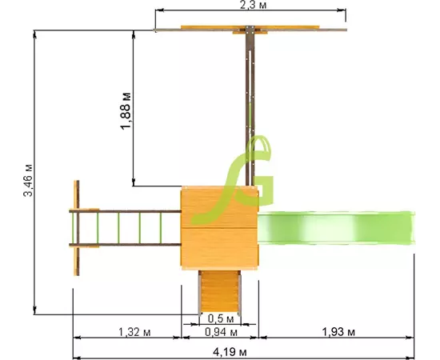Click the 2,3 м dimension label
pos(253,5)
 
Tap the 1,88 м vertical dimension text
pos(126,110)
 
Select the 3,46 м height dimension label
pos(28,180)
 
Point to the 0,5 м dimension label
pos(221,318)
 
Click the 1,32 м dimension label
pos(134,332)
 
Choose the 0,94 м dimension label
pos(221,332)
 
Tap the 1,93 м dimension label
pos(338,332)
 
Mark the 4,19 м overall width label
pos(230,351)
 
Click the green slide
pos(336,228)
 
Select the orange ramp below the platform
pos(219,292)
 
